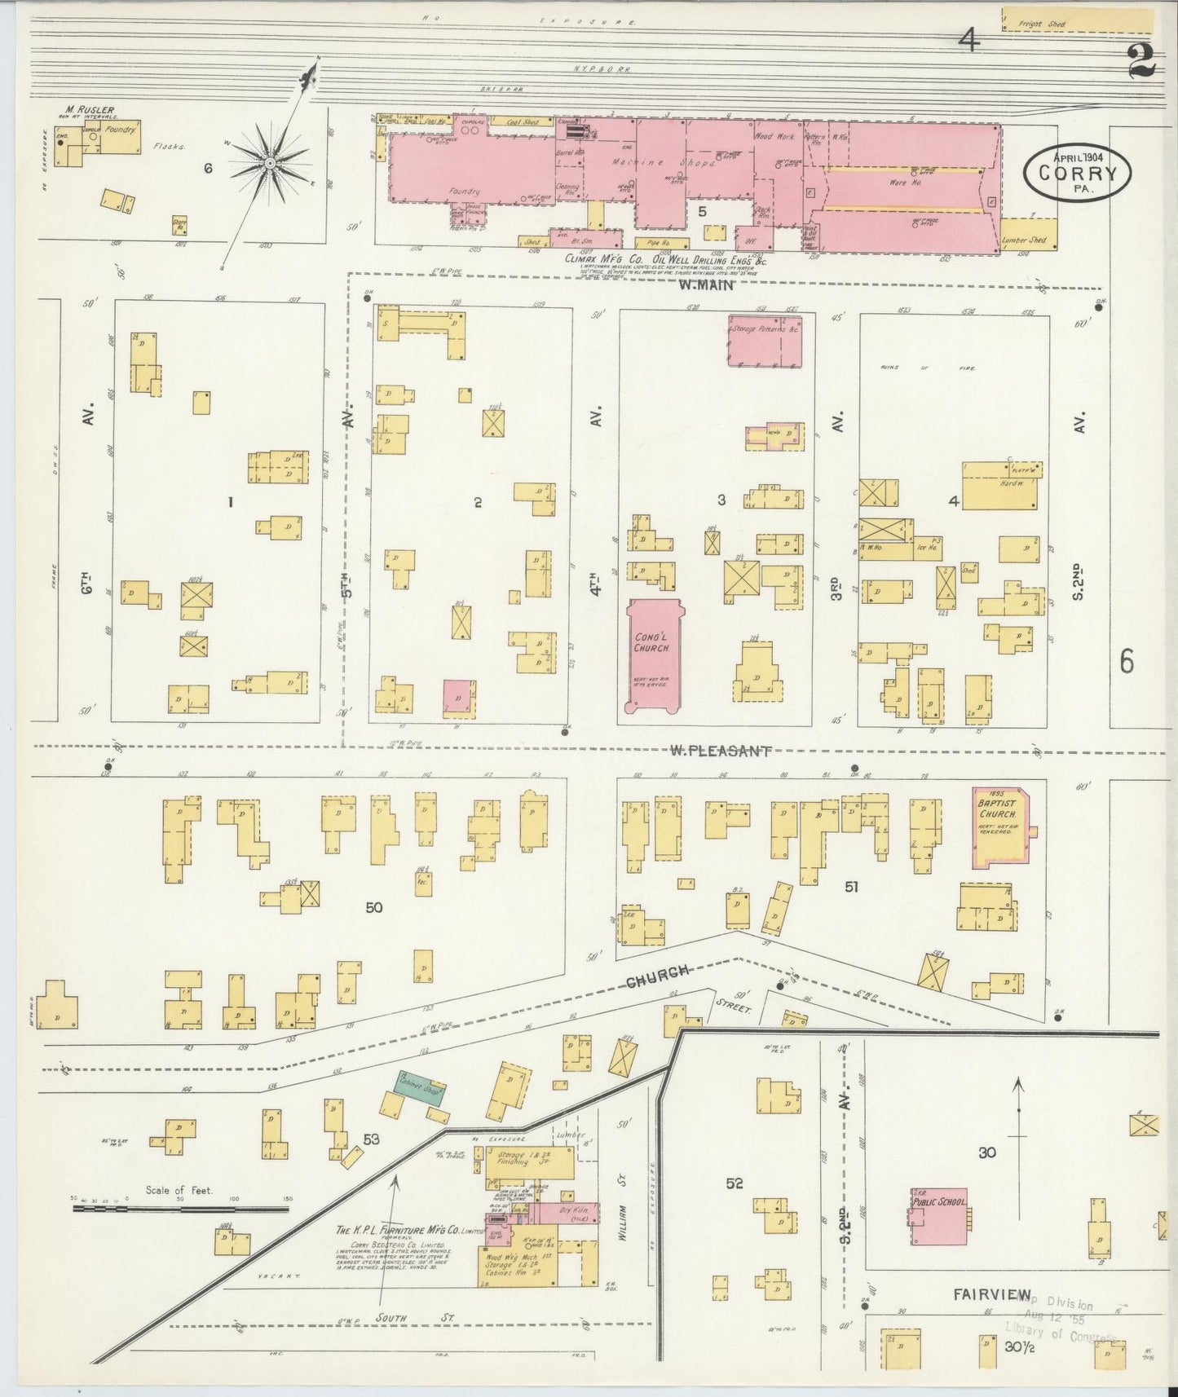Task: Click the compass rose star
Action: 270,163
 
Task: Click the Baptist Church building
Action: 999,826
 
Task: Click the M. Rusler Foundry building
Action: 113,139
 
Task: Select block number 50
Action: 374,906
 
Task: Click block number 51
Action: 851,886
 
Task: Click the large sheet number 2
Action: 1141,61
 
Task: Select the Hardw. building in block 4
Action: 1000,487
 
